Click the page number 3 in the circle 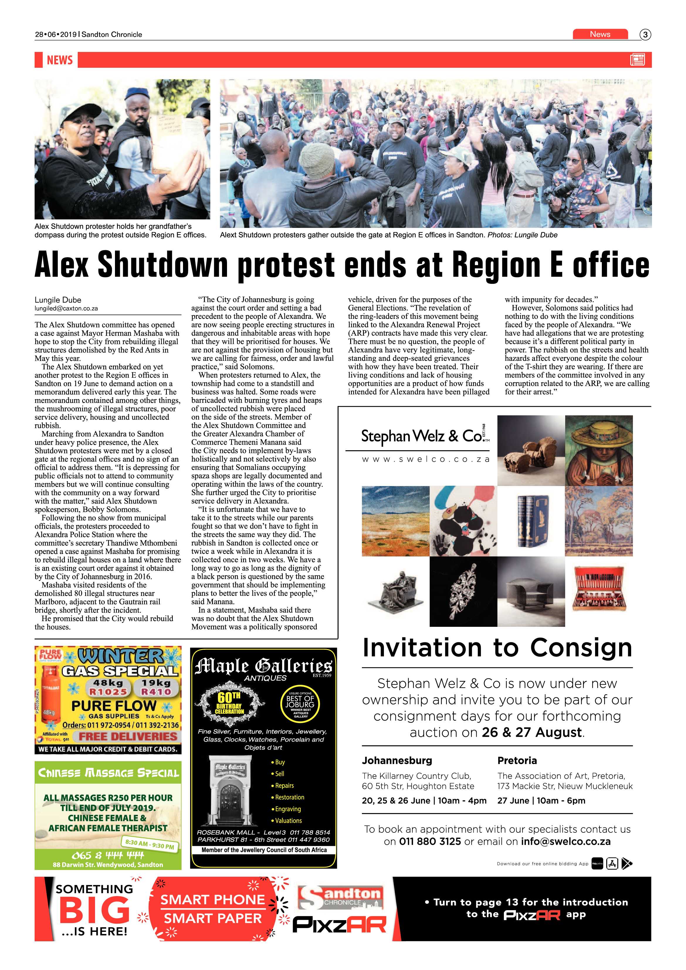(645, 35)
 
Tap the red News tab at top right (600, 34)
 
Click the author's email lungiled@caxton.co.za (66, 308)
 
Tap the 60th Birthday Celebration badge (229, 703)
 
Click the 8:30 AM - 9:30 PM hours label (150, 844)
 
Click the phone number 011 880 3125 (430, 841)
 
